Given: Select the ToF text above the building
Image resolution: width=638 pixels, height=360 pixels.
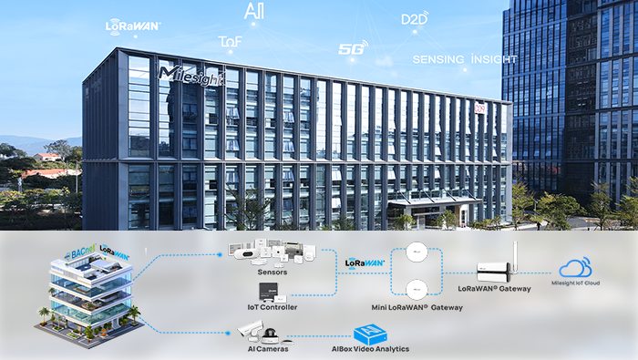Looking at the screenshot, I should coord(231,42).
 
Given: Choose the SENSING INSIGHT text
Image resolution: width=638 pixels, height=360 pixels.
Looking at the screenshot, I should coord(465,59).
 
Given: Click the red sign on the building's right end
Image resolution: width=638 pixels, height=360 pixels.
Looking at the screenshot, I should coord(480,108).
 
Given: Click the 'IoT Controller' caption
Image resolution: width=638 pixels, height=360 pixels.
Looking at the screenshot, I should coord(273,307).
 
